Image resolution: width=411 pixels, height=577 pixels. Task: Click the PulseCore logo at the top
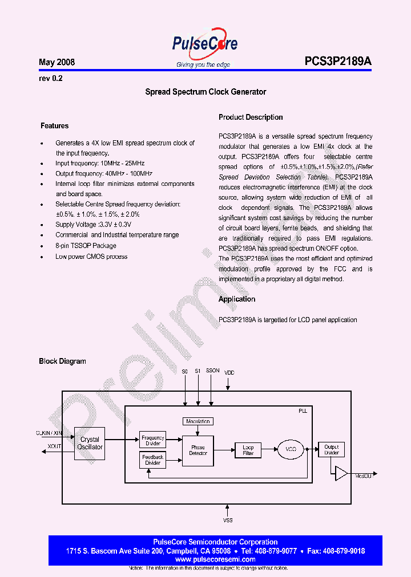click(x=205, y=44)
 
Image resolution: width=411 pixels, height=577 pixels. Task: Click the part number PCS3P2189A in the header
click(x=338, y=62)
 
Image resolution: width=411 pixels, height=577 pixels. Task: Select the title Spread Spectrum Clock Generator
click(x=205, y=92)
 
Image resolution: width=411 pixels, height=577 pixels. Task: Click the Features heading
click(x=54, y=125)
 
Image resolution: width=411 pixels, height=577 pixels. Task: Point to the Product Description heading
click(x=251, y=117)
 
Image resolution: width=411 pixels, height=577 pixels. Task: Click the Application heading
click(x=237, y=299)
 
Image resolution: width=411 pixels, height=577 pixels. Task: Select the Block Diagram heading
click(x=62, y=361)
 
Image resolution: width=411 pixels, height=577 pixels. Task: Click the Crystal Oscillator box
click(x=90, y=443)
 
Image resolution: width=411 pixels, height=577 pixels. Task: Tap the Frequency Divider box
click(x=152, y=440)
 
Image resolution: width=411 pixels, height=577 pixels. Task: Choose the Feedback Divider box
click(x=152, y=460)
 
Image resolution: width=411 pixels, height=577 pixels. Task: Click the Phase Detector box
click(x=198, y=450)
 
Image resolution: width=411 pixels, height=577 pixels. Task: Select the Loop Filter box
click(x=248, y=450)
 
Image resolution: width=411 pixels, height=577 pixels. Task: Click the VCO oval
click(x=291, y=450)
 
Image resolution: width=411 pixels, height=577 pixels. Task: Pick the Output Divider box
click(x=331, y=450)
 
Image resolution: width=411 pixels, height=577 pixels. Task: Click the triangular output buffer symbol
click(x=341, y=473)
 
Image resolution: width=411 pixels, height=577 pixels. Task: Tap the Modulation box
click(x=198, y=421)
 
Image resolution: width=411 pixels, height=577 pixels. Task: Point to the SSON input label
click(x=212, y=371)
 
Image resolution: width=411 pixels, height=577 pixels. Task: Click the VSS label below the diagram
click(x=228, y=520)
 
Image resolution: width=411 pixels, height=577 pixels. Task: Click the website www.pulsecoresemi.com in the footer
click(x=215, y=559)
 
